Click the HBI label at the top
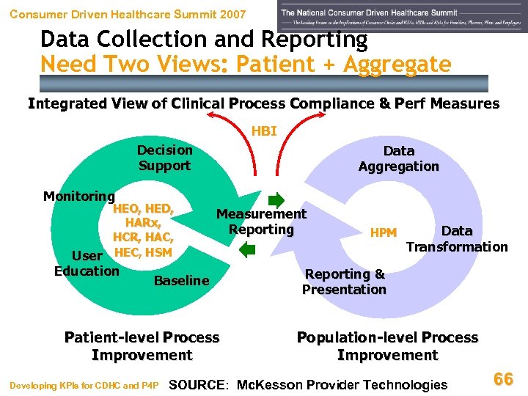click(264, 132)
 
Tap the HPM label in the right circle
click(384, 233)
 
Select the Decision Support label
click(164, 158)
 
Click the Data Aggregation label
click(398, 158)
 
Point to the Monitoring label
click(78, 197)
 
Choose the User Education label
click(87, 263)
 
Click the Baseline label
click(181, 280)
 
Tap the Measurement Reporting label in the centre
click(261, 221)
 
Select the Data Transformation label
click(457, 239)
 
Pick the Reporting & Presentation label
click(344, 282)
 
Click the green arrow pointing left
click(248, 249)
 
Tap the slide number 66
click(503, 379)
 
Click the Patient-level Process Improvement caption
click(142, 346)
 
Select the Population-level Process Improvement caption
click(387, 346)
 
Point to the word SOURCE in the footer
click(199, 384)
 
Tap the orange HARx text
click(143, 223)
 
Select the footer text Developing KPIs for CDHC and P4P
click(84, 385)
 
